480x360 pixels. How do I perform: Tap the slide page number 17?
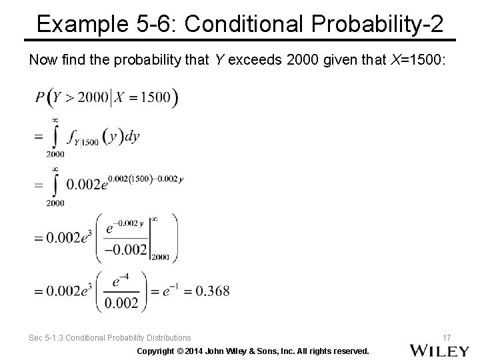[x=447, y=337]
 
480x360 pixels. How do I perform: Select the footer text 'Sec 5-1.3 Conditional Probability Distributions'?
[x=109, y=338]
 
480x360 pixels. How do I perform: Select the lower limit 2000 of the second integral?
[x=55, y=203]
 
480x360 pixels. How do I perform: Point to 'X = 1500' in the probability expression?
[x=146, y=97]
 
